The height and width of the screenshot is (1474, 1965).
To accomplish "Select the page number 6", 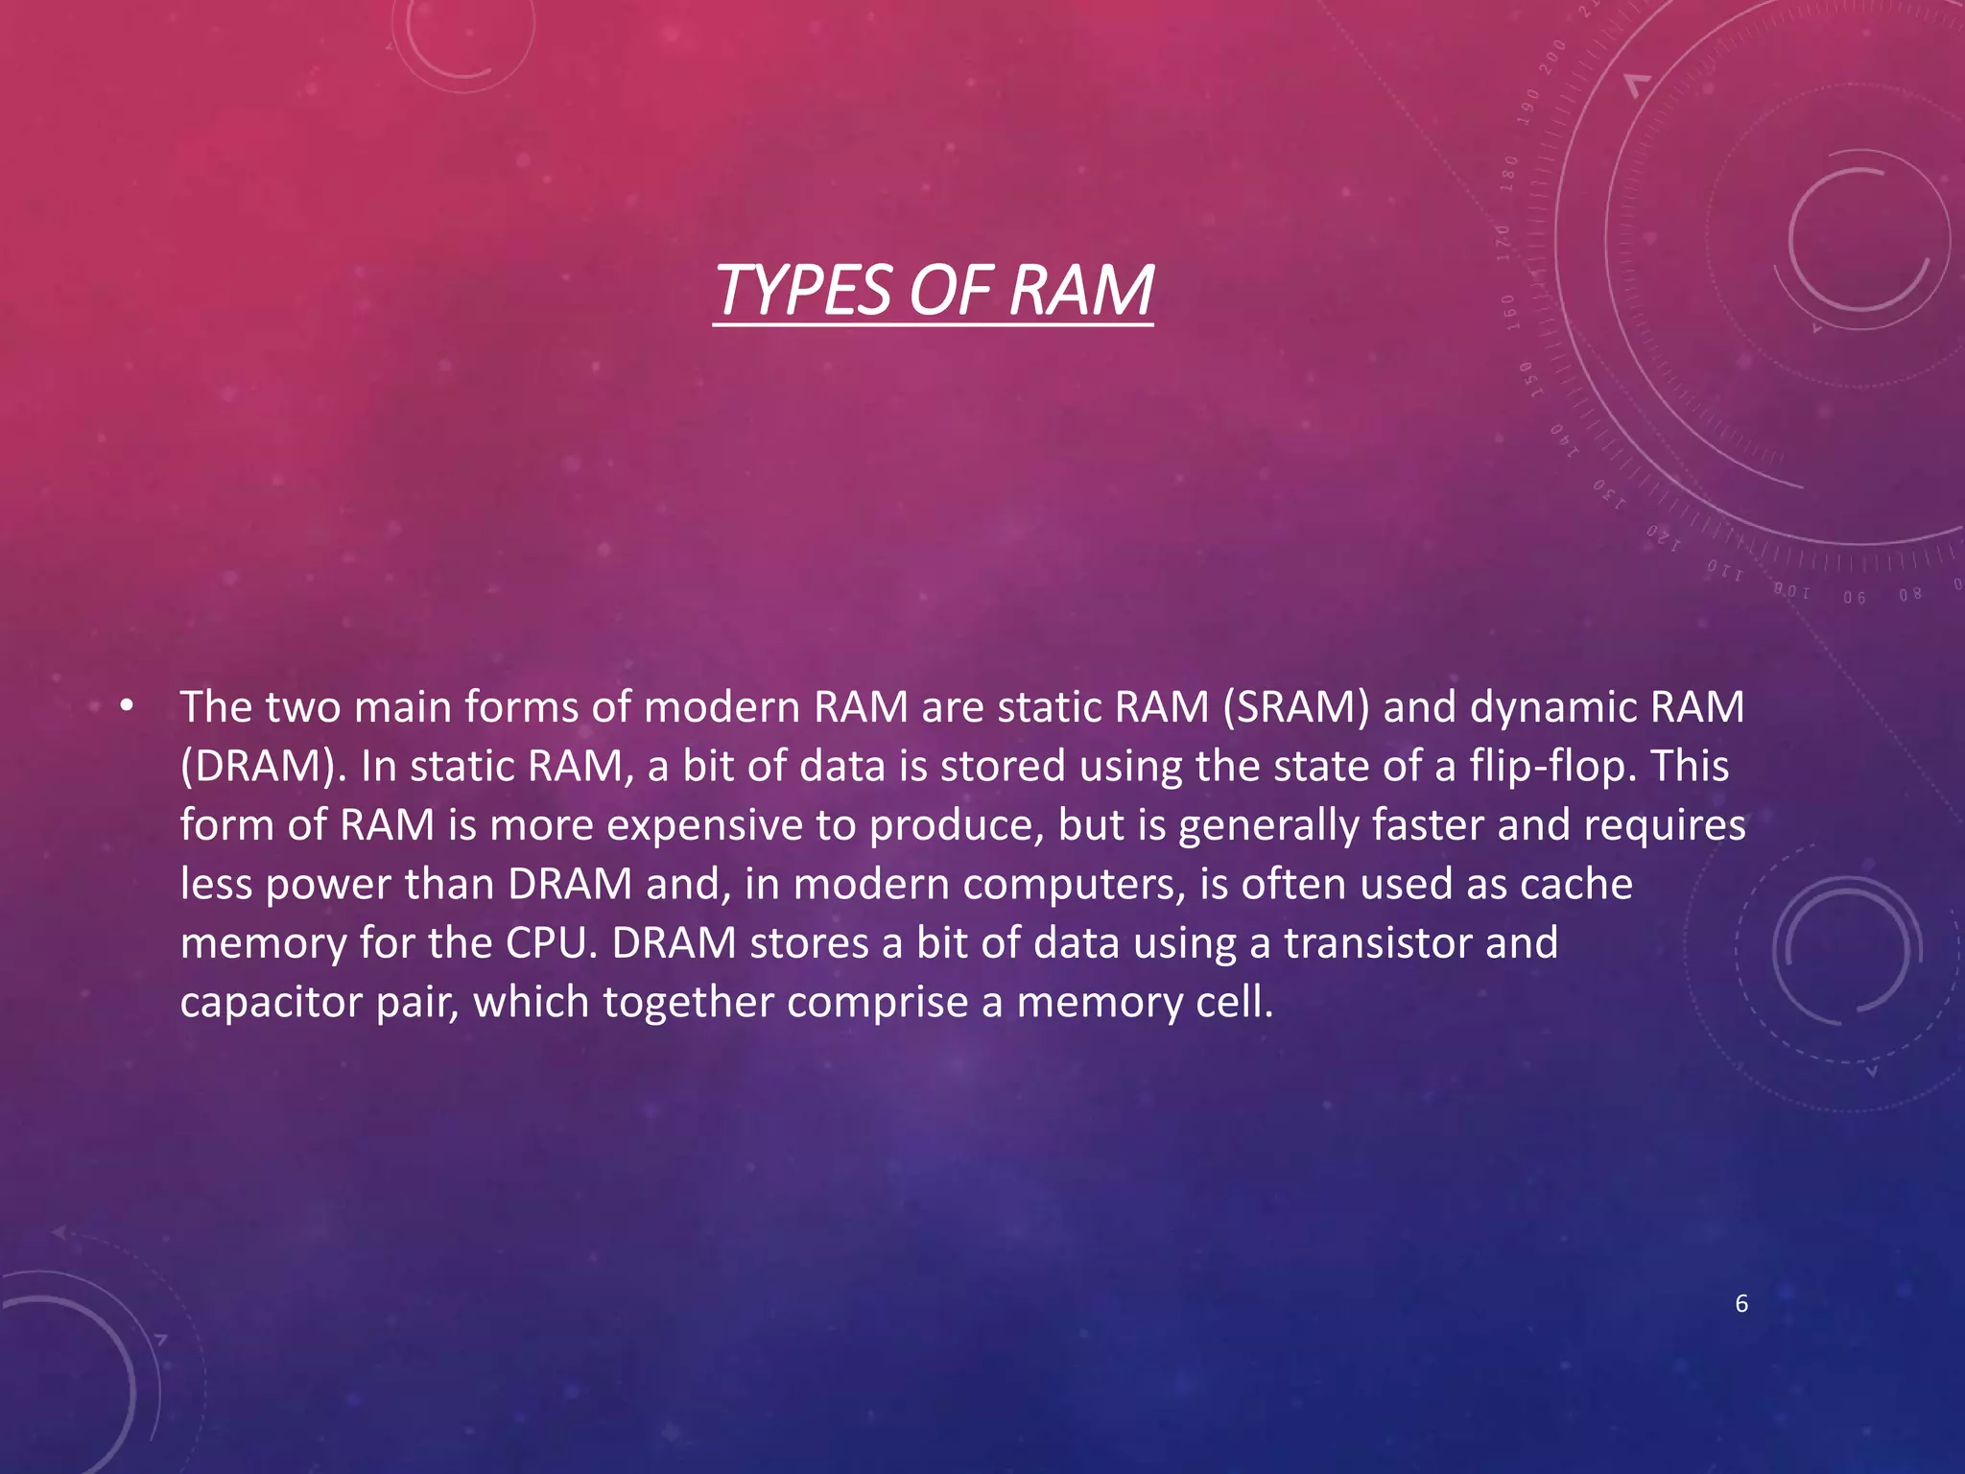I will click(1741, 1303).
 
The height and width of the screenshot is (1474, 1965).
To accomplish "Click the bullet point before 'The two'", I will click(127, 707).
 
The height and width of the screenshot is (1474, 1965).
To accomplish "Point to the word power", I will click(328, 884).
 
